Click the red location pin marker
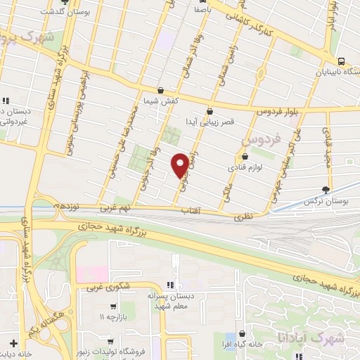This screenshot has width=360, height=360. click(x=181, y=165)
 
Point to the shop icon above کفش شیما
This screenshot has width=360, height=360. click(x=162, y=91)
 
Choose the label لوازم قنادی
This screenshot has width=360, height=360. click(x=240, y=168)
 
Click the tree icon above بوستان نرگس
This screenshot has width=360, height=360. click(x=324, y=189)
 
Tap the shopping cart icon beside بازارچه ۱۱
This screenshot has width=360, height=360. click(x=113, y=307)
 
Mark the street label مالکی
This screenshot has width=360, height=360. click(x=229, y=190)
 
